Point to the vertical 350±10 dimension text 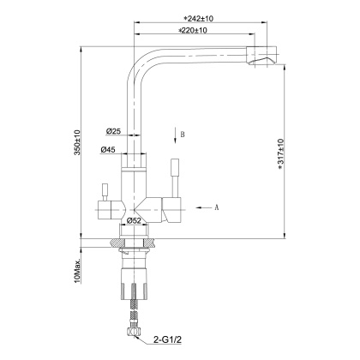[77, 142]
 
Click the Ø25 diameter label [113, 130]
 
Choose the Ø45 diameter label [108, 151]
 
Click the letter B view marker [182, 135]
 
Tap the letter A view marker [215, 207]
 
